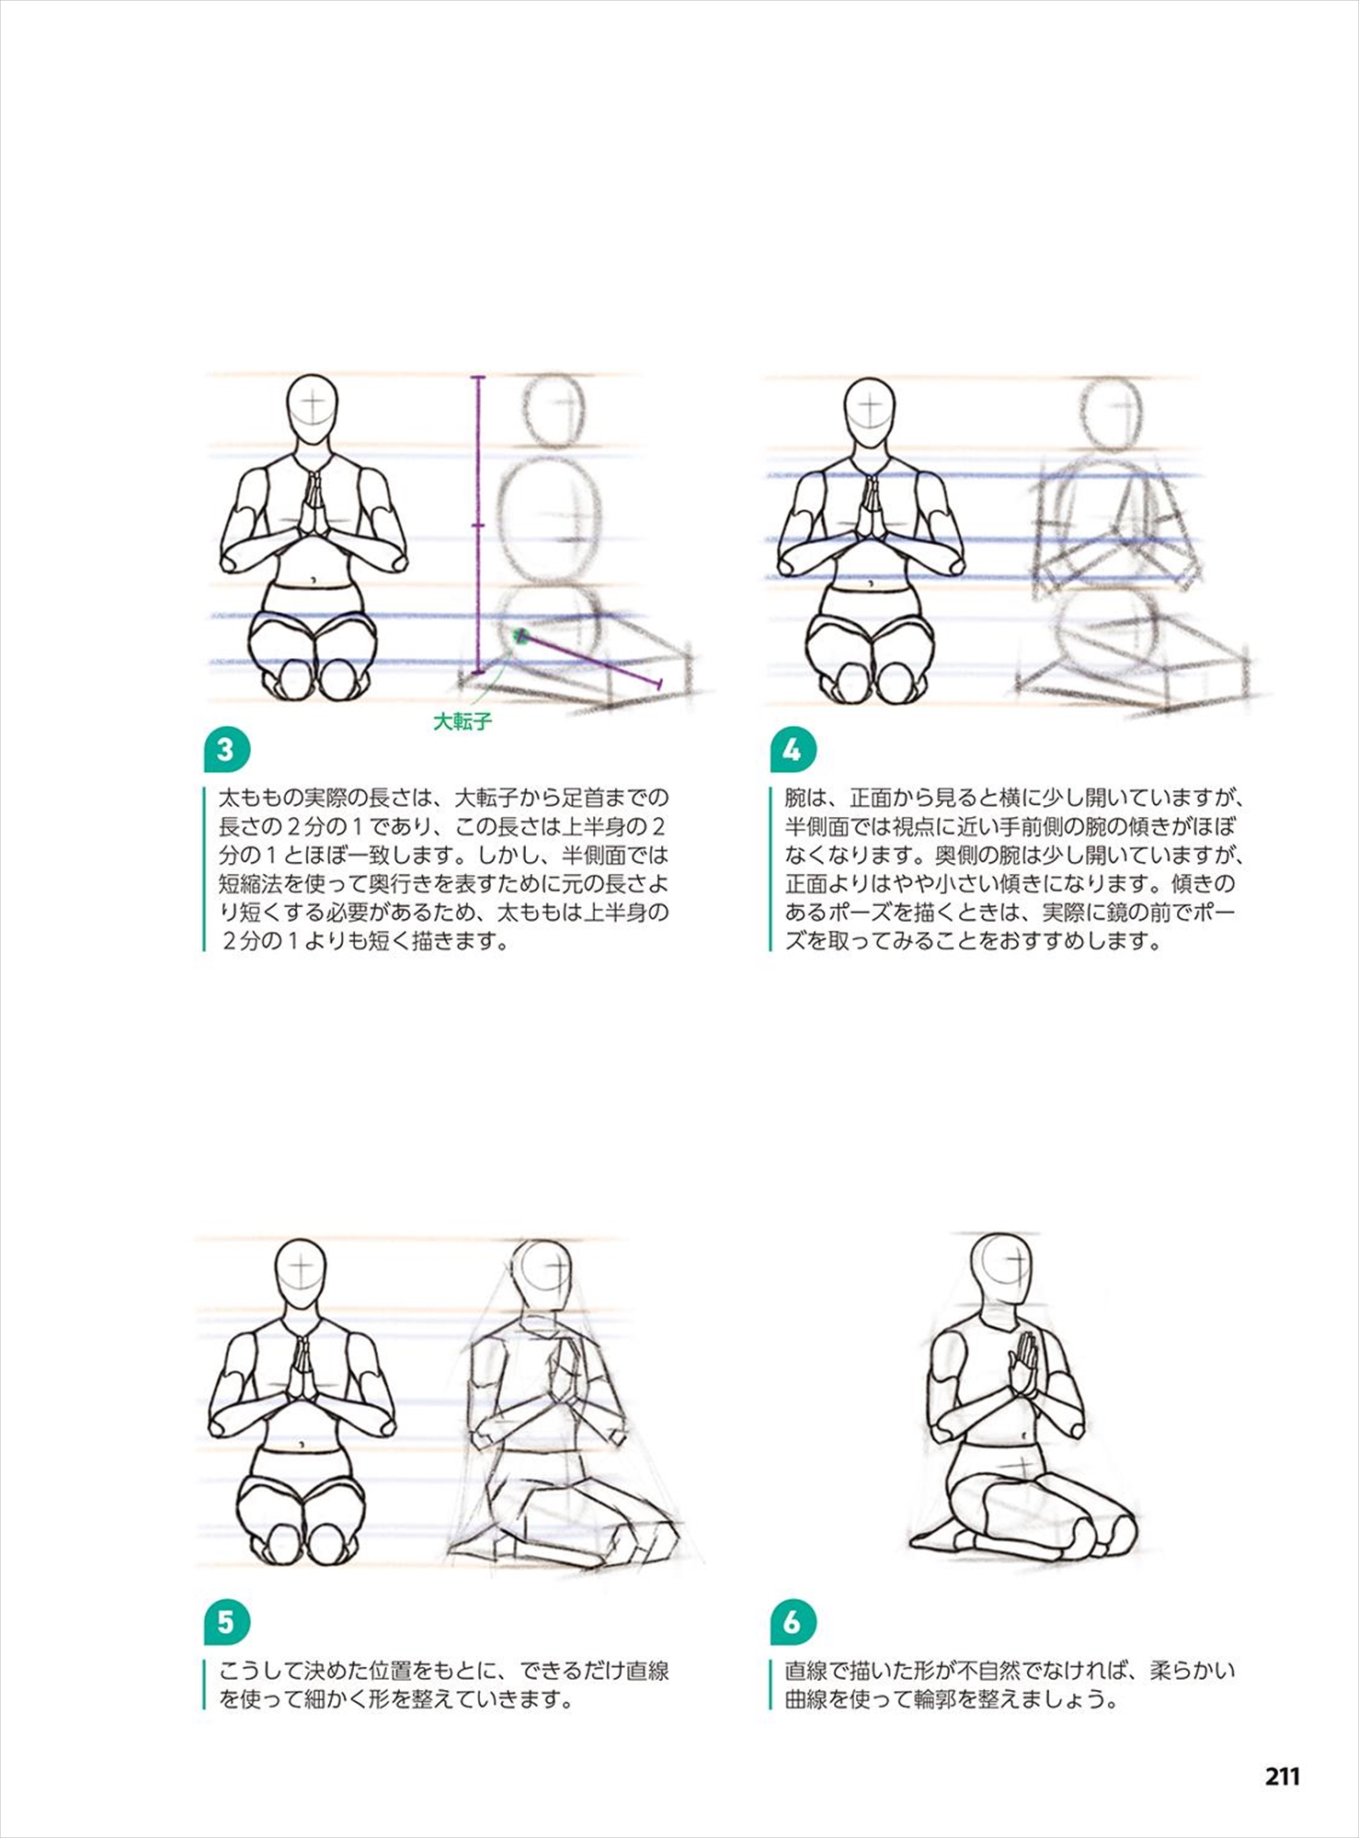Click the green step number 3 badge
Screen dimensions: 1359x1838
coord(226,751)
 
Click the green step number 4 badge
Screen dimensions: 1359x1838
coord(792,751)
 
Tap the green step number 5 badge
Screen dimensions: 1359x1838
coord(226,1622)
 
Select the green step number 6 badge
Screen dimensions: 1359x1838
coord(792,1622)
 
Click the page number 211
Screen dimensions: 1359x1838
coord(1283,1776)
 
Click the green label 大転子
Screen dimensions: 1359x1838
coord(463,721)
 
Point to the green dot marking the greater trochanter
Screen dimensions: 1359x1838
coord(520,636)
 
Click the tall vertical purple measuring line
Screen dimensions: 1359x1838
coord(477,524)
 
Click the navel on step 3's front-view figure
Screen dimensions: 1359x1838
coord(314,580)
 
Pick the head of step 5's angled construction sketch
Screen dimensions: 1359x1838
coord(543,1276)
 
